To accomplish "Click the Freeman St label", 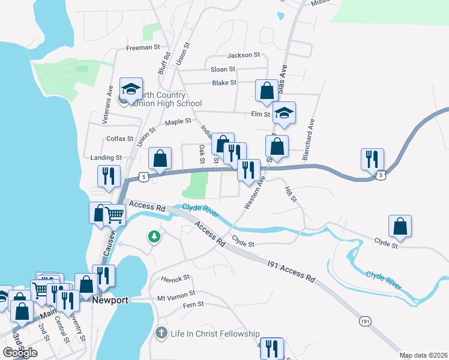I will tap(143, 47).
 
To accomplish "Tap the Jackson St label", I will tap(243, 55).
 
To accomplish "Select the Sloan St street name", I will tap(223, 70).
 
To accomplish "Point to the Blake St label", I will tap(224, 83).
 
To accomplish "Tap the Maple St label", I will tap(178, 122).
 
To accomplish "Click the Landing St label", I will tap(106, 158).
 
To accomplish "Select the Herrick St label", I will tap(175, 278).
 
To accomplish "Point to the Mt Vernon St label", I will tap(176, 295).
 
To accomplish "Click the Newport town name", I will tap(111, 300).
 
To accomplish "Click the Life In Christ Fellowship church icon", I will tap(160, 333).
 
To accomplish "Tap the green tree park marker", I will tap(154, 236).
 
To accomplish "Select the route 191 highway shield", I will tap(365, 322).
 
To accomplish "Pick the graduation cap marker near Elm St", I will tap(284, 112).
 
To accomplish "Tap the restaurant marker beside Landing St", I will tap(108, 176).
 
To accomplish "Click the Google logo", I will tap(20, 353).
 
